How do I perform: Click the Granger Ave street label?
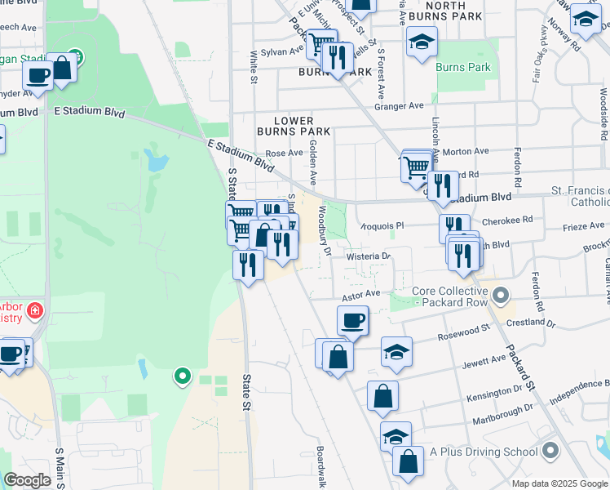point(399,106)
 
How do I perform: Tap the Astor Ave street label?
point(361,294)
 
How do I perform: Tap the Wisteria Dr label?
point(369,256)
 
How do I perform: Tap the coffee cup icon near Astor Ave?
point(352,321)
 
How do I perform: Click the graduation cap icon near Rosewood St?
point(397,352)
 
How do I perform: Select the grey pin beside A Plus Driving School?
point(551,451)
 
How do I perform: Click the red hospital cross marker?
point(34,310)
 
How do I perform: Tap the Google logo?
point(27,480)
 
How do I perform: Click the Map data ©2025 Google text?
point(559,483)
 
